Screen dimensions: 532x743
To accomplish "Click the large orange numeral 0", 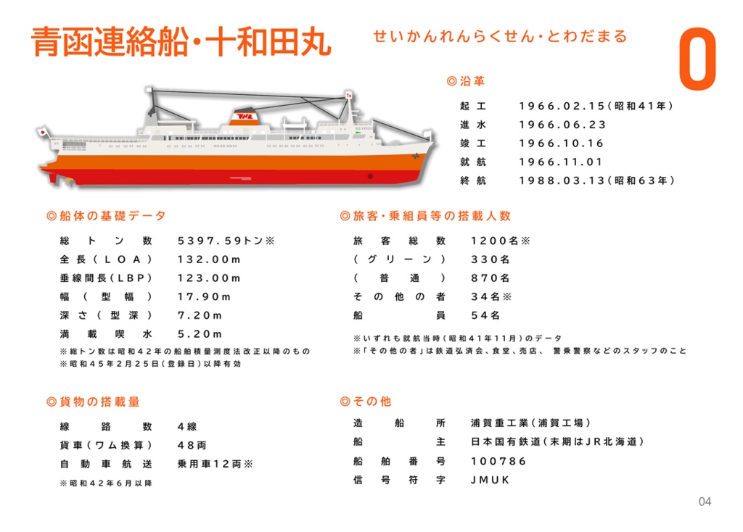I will (x=697, y=62).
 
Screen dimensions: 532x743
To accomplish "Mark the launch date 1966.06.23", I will (x=562, y=125).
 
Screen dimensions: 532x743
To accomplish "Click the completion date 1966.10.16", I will (x=562, y=144).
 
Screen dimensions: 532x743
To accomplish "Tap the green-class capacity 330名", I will (x=490, y=259).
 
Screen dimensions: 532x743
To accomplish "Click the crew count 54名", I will (x=485, y=316).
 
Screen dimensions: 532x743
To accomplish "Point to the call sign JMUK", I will (x=490, y=480).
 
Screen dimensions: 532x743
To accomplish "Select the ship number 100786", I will (x=498, y=461).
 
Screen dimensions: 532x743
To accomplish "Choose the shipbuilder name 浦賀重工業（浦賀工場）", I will (x=530, y=423).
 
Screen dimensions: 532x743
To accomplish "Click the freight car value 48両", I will (x=192, y=445).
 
